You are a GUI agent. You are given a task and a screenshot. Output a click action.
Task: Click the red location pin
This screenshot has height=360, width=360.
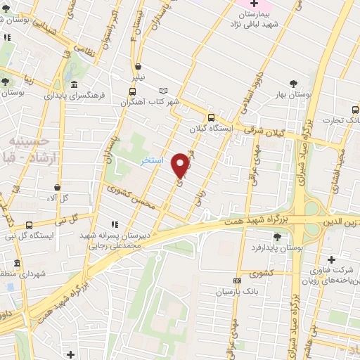[181, 165]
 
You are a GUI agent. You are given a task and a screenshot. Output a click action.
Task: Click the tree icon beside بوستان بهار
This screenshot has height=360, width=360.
[292, 83]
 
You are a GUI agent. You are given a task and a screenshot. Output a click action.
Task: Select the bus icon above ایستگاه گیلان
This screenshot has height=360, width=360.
[210, 117]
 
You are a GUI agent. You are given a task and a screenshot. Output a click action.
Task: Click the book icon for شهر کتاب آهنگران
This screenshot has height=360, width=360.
[164, 91]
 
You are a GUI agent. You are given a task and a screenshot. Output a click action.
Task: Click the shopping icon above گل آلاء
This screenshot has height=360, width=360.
[58, 187]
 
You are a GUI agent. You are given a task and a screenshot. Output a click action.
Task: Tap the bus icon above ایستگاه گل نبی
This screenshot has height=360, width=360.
[29, 225]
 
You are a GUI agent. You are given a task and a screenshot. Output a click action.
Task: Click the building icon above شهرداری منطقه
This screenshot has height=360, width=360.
[16, 264]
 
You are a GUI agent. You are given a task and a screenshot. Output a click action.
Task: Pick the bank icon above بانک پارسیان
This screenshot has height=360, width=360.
[237, 281]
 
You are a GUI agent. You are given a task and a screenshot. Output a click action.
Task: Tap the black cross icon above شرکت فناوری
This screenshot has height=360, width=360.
[331, 260]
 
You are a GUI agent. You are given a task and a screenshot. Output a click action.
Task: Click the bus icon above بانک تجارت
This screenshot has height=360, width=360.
[354, 110]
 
